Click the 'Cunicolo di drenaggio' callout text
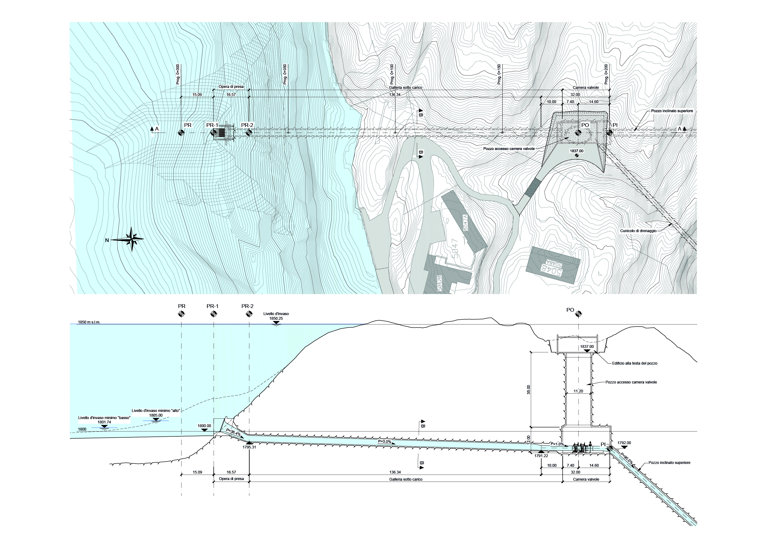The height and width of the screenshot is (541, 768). (638, 231)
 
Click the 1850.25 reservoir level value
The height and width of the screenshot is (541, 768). (276, 319)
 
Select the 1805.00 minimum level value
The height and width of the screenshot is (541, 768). (156, 415)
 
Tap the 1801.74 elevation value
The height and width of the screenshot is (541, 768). (104, 422)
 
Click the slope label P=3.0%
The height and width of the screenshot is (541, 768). (385, 441)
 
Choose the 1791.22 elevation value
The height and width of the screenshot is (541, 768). (541, 456)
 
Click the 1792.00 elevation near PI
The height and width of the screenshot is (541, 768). (624, 443)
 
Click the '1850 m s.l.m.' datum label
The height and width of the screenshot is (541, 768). (89, 322)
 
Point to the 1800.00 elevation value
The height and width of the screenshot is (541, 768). (204, 426)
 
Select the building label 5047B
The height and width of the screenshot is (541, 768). (439, 283)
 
